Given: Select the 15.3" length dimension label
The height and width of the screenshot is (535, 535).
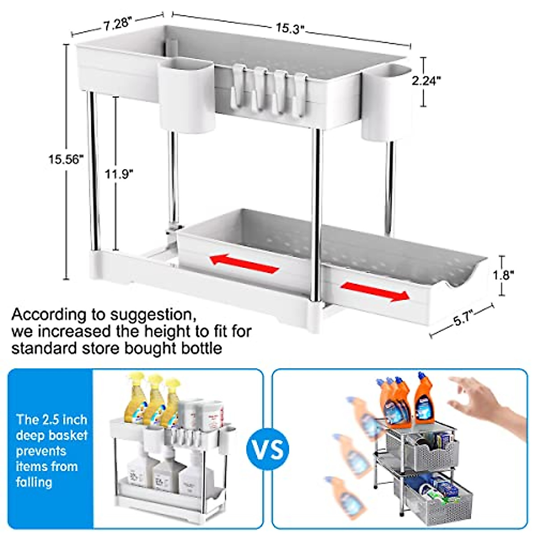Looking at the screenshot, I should tap(289, 29).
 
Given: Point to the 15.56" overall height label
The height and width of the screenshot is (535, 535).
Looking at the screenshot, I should tap(66, 159).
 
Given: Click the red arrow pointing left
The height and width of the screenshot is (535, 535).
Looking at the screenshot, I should tap(244, 263).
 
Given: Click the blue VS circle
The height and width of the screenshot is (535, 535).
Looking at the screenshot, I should tap(267, 449).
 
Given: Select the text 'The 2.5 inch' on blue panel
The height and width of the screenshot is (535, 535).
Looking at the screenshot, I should tap(52, 420).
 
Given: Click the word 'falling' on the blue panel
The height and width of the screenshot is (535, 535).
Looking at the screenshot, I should tap(34, 482).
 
